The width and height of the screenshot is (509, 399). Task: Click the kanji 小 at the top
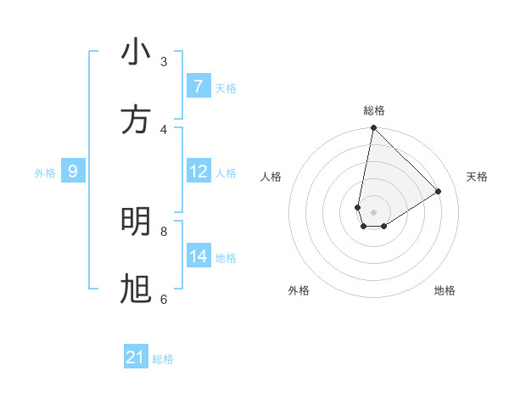136,53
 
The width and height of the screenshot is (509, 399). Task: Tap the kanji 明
136,222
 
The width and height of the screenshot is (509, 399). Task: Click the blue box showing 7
198,87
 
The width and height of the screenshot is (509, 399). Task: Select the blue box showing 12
198,171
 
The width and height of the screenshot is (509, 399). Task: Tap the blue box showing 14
198,256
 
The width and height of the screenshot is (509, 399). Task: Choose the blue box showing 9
73,171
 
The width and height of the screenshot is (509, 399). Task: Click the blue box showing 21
136,357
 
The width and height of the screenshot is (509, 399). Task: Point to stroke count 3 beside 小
164,61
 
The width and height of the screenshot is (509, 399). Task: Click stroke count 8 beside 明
164,231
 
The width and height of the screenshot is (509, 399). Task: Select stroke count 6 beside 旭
164,299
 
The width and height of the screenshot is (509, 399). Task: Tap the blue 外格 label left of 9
45,173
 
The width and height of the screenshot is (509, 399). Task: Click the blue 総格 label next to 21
163,359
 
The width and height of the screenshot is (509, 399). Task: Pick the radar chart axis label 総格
373,110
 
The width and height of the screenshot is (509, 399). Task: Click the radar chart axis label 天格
477,177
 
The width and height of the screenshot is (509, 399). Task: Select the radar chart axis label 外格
299,290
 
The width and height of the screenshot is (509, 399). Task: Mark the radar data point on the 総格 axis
373,128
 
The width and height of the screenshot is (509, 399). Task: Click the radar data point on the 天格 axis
439,192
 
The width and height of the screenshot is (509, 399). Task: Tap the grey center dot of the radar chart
373,212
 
